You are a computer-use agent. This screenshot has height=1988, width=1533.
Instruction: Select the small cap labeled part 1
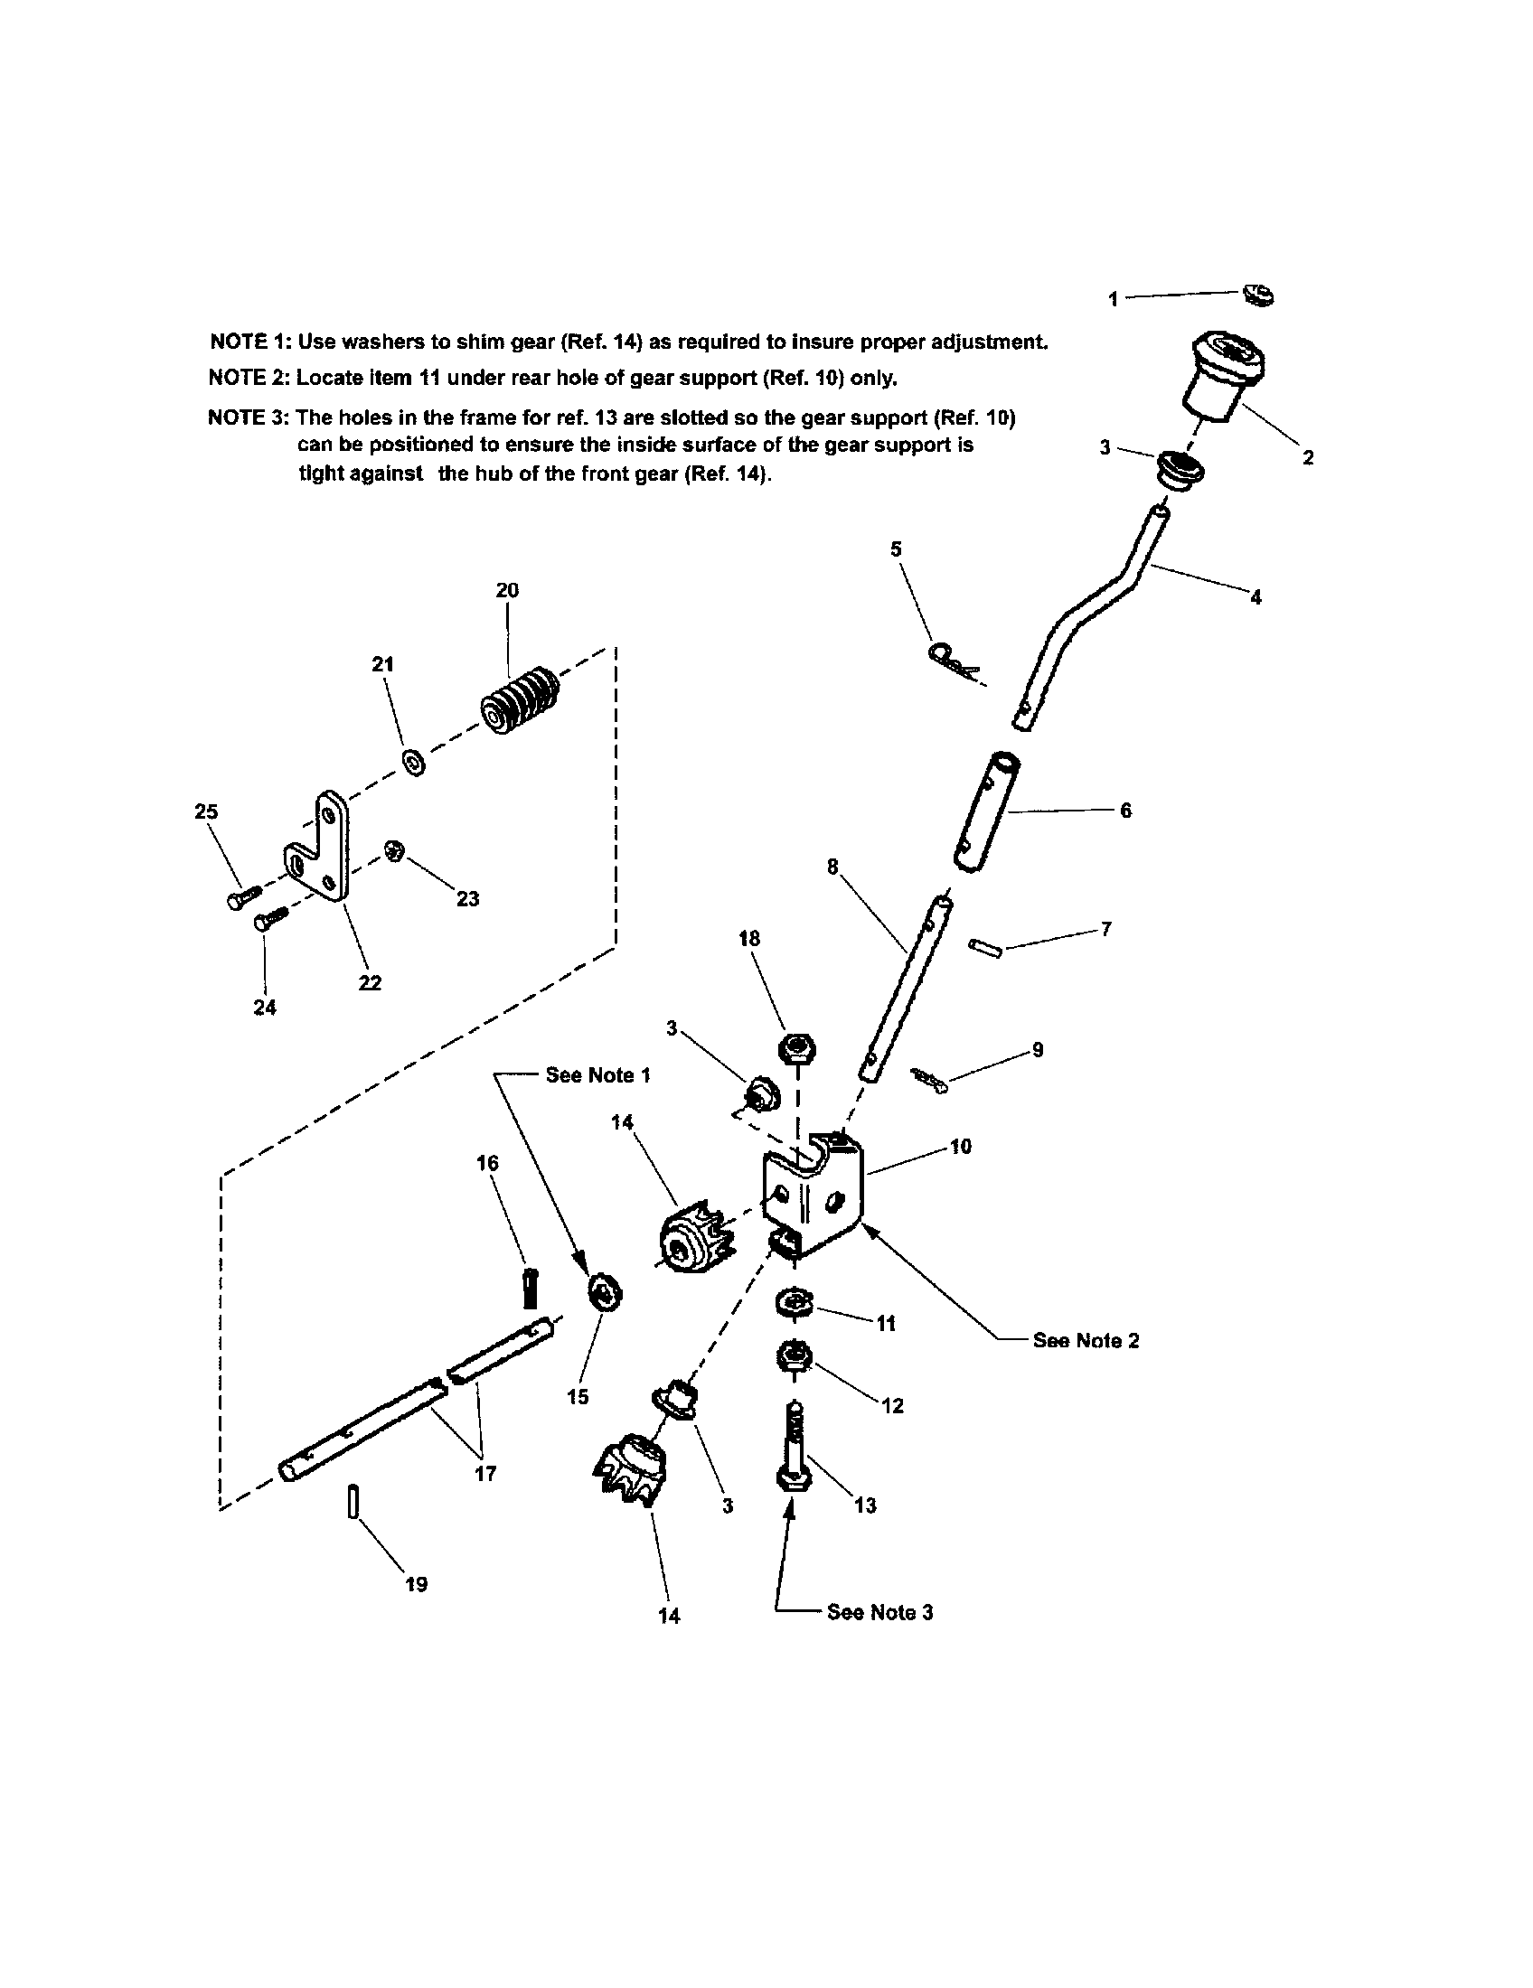click(1259, 295)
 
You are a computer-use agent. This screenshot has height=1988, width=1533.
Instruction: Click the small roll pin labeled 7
click(986, 948)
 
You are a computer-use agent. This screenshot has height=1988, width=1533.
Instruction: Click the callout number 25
click(207, 811)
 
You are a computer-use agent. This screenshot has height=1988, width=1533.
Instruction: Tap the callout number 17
click(485, 1474)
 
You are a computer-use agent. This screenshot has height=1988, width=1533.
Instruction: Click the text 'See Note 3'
click(879, 1612)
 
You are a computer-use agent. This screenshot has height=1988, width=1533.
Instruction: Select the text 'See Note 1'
click(598, 1075)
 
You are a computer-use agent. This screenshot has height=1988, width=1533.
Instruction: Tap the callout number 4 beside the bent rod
click(1256, 598)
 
